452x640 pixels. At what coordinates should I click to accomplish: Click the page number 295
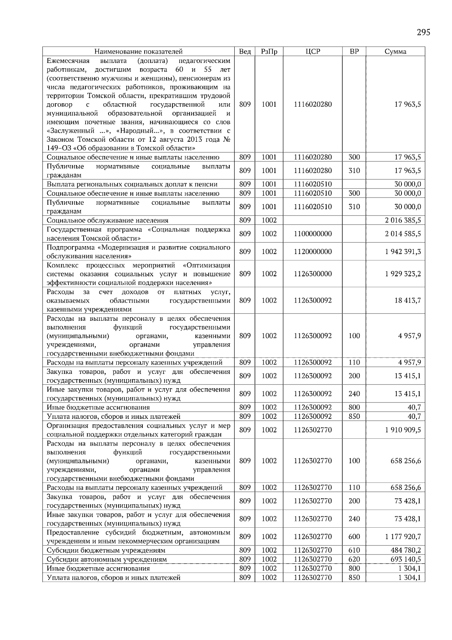coord(423,32)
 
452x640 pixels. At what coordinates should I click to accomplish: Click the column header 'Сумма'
coord(395,52)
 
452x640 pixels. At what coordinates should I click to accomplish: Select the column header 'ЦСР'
coord(313,52)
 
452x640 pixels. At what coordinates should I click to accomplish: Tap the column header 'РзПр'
coord(269,52)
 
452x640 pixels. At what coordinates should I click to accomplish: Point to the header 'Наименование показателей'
coord(138,52)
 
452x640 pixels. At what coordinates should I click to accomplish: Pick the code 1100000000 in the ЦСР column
coord(313,234)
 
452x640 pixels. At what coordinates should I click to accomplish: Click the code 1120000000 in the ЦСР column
coord(313,251)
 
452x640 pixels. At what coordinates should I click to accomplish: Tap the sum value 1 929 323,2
coord(403,274)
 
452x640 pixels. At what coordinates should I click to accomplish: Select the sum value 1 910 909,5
coord(403,430)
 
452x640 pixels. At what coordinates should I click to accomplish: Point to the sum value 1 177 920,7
coord(403,536)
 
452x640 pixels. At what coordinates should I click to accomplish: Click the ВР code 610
coord(354,550)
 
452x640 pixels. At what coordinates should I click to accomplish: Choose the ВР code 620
coord(354,559)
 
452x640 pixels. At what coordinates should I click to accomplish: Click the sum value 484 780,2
coord(406,550)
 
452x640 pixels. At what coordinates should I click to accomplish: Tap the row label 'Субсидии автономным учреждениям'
coord(107,559)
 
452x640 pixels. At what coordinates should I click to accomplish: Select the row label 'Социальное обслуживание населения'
coord(107,220)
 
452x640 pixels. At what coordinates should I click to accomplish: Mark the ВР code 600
coord(354,536)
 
